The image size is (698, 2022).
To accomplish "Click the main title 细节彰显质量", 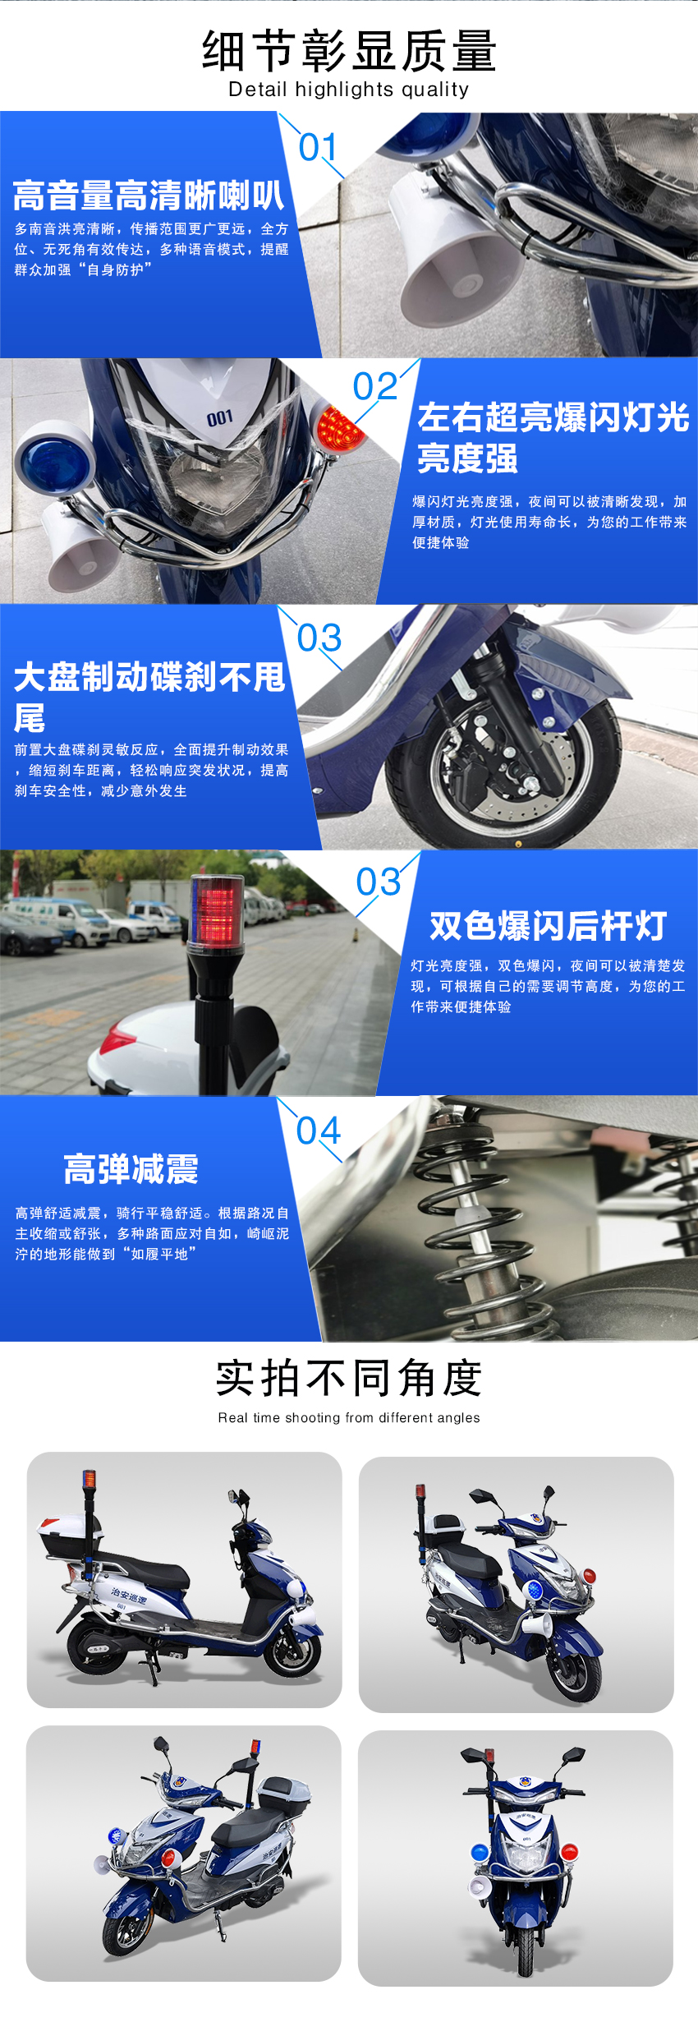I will coord(349,51).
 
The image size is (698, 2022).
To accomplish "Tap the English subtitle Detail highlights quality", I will coord(349,90).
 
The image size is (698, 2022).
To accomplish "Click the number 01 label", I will coord(319,148).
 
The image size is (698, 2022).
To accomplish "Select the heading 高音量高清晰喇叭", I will coord(149,196).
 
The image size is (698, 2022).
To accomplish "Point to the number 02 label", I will coord(375,386).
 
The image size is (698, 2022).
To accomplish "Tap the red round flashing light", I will coord(339,428).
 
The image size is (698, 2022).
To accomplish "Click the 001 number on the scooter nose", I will coord(219,419).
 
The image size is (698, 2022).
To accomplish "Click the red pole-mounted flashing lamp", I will coord(215,912).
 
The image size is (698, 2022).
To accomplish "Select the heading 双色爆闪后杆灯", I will coord(548,926).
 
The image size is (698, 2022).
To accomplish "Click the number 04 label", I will coord(319,1131).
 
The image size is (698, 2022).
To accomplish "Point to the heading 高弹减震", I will coord(131,1168).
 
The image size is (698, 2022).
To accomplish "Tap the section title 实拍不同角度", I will coord(349,1378).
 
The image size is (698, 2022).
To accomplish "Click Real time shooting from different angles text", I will coord(349,1417).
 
